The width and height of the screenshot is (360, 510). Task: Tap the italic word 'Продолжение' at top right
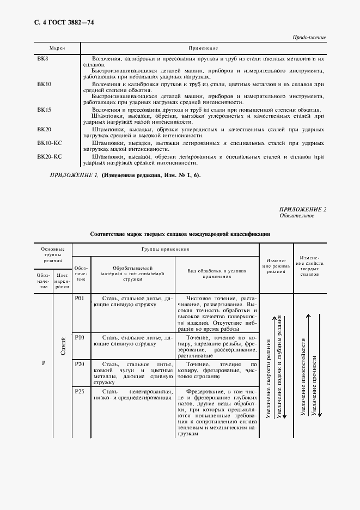click(x=309, y=38)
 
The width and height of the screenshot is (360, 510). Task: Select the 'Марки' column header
click(x=57, y=48)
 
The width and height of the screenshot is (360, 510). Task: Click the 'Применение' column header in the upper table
click(x=203, y=48)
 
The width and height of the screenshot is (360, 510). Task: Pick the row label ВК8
click(x=43, y=58)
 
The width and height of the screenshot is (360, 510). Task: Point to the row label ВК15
click(x=44, y=110)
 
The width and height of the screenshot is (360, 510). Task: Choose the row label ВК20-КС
click(x=50, y=156)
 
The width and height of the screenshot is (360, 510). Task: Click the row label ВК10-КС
click(x=50, y=143)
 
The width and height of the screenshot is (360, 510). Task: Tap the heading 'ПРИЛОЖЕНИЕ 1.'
click(x=74, y=175)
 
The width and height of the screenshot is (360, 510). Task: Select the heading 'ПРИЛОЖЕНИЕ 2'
click(x=303, y=210)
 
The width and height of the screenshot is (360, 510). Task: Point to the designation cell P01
click(x=79, y=298)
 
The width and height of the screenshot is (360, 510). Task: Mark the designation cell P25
click(x=79, y=391)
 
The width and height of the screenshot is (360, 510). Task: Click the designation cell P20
click(x=79, y=363)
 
